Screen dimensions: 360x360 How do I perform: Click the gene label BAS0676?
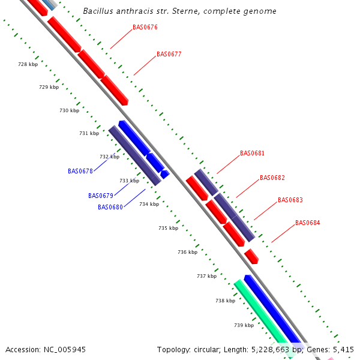tap(145, 27)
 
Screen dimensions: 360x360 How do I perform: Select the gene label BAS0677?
tap(169, 54)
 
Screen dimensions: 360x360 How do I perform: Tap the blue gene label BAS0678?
tap(80, 171)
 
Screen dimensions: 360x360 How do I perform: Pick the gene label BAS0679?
tap(100, 196)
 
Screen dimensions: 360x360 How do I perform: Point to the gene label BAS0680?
tap(110, 207)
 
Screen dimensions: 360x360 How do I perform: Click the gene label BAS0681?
tap(252, 153)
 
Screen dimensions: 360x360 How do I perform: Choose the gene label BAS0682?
tap(272, 178)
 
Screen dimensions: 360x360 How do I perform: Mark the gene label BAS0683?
tap(290, 200)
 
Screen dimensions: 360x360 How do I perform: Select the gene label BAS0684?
tap(307, 223)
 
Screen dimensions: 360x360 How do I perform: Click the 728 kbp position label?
tap(28, 64)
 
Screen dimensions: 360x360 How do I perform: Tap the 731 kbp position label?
tap(89, 133)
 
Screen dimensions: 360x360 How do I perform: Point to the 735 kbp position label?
tap(168, 228)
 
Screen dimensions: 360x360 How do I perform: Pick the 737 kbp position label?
tap(206, 276)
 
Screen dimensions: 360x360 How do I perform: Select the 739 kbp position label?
tap(244, 325)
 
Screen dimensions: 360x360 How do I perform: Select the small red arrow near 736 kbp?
tap(251, 256)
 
